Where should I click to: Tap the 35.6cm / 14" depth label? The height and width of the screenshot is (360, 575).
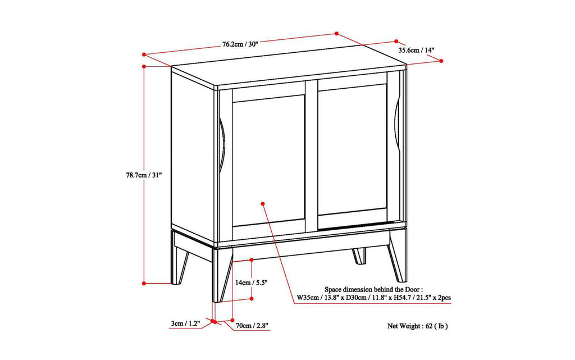point(417,50)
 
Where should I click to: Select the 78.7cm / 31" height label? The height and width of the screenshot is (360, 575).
point(144,175)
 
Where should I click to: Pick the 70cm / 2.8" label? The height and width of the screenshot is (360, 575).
point(252,325)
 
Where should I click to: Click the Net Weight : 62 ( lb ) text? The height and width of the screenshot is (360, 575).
point(418,325)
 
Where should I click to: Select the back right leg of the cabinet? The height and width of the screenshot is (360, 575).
point(359,254)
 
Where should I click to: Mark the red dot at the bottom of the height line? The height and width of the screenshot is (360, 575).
point(144,282)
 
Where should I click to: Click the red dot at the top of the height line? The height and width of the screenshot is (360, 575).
point(144,66)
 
